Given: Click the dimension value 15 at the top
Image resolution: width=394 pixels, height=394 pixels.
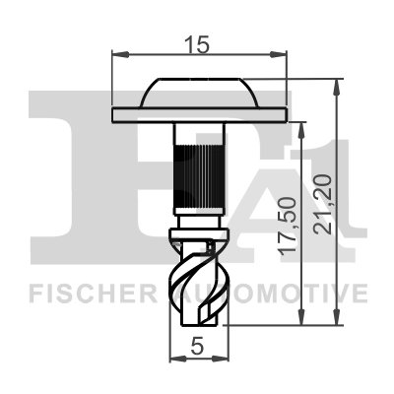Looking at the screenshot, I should (x=200, y=43).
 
